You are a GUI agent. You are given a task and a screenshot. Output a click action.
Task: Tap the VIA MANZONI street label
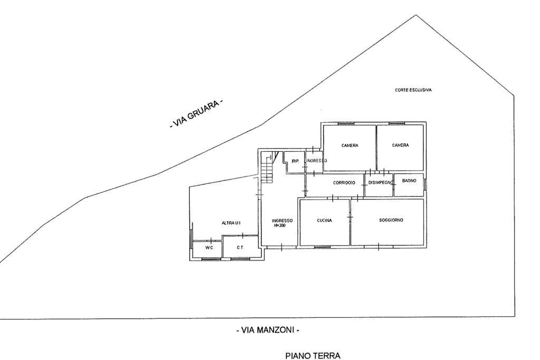coord(268,330)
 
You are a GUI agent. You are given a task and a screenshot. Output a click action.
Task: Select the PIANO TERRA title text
coord(313,356)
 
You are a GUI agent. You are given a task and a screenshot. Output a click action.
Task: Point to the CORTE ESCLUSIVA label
coord(413,90)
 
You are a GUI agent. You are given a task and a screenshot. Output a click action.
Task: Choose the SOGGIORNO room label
coord(391,220)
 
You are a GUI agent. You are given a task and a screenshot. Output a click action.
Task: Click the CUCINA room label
coord(324,221)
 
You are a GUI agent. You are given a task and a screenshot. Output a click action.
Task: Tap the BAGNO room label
coord(409,181)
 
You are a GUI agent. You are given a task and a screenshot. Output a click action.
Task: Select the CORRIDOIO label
coord(343,183)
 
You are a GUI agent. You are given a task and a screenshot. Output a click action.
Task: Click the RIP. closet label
coord(295,161)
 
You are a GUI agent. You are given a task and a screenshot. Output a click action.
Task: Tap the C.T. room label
coord(239,247)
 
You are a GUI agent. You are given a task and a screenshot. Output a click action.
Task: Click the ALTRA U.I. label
coord(231,223)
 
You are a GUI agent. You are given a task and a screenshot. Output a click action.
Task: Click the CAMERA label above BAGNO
coord(401,145)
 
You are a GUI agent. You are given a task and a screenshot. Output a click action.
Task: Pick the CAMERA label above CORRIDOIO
coord(350,145)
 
